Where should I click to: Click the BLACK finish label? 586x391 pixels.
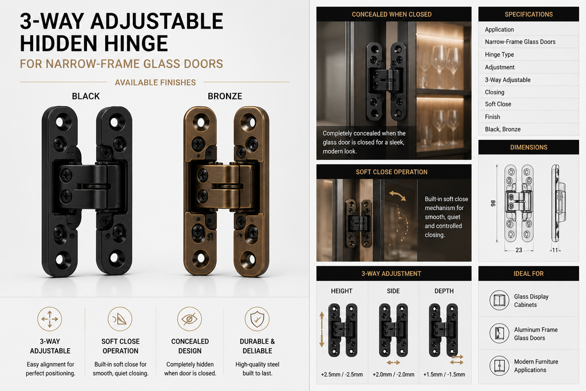tap(86, 96)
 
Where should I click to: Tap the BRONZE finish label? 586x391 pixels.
tap(225, 96)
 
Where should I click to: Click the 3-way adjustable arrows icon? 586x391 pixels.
tap(50, 319)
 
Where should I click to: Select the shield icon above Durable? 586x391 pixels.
tap(257, 319)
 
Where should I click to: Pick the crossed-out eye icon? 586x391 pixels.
tap(189, 319)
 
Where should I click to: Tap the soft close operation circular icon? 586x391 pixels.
tap(120, 319)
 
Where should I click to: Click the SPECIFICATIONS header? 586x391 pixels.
tap(528, 14)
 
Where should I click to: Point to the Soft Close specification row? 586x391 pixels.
tap(498, 104)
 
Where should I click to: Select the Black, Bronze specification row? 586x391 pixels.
tap(502, 129)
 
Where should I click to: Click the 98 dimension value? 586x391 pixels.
tap(493, 203)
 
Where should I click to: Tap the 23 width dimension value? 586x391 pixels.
tap(518, 250)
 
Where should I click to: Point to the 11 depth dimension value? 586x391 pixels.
tap(555, 250)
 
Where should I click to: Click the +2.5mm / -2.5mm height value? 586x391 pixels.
tap(342, 374)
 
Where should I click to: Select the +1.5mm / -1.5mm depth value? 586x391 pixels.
tap(444, 374)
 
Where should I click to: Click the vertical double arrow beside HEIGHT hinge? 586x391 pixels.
tap(322, 330)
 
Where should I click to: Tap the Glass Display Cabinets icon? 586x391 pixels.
tap(499, 301)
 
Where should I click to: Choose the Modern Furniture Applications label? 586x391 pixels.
tap(536, 366)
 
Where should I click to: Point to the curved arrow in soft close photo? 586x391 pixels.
tap(397, 196)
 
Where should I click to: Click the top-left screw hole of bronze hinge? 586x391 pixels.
tap(201, 123)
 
